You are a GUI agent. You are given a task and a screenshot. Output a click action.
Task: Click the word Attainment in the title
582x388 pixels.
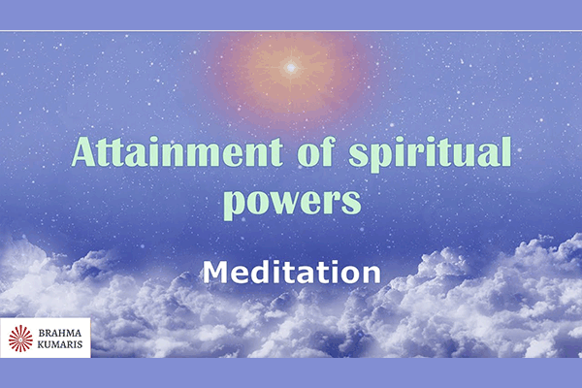pos(177,152)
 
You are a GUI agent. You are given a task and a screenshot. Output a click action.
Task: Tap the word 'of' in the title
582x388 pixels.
pos(316,151)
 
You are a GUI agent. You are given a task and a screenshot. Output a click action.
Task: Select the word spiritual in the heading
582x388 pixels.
pos(430,154)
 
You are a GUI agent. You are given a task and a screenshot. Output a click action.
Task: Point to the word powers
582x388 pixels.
pos(292,204)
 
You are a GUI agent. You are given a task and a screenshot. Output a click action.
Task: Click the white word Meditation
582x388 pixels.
pos(292,272)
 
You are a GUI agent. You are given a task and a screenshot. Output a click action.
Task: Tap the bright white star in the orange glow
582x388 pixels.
pos(291,68)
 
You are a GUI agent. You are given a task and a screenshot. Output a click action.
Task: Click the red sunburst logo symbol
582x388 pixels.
pos(20,339)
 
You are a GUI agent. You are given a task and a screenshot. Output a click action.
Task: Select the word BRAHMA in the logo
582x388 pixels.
pos(60,333)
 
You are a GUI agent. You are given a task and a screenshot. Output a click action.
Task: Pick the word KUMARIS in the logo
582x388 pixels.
pos(60,344)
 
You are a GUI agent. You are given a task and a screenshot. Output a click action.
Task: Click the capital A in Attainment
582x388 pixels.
pos(85,152)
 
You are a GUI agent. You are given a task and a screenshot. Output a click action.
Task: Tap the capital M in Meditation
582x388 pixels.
pos(216,272)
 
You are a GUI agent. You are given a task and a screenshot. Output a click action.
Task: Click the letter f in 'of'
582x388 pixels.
pos(328,151)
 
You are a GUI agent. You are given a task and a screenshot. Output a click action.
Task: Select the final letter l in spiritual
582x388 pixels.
pos(506,151)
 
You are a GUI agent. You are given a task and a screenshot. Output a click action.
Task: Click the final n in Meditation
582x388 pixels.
pos(372,275)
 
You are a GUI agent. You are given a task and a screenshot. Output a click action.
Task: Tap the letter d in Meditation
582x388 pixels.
pos(259,272)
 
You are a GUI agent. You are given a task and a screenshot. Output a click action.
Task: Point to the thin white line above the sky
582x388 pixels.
pos(291,31)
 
